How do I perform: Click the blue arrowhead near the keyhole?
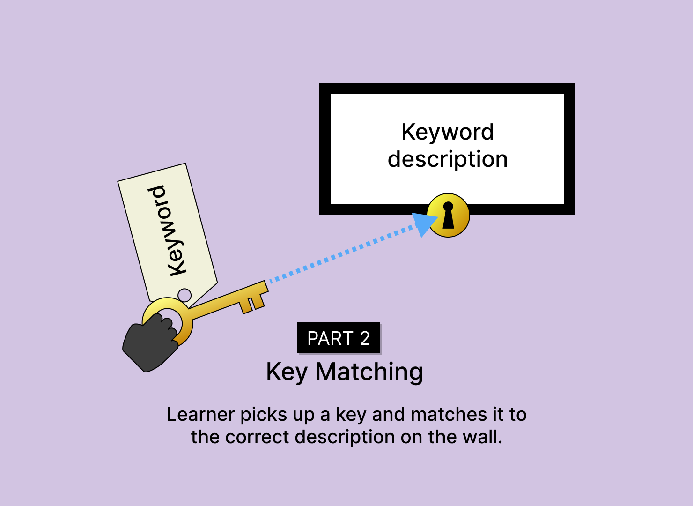(x=423, y=223)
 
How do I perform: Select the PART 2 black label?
(x=339, y=338)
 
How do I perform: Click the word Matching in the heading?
(x=369, y=372)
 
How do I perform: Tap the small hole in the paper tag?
(x=185, y=295)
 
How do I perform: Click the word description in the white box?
(x=448, y=159)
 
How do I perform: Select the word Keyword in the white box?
(x=448, y=132)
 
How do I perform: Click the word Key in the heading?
(x=287, y=372)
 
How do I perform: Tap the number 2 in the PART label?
(x=365, y=338)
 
